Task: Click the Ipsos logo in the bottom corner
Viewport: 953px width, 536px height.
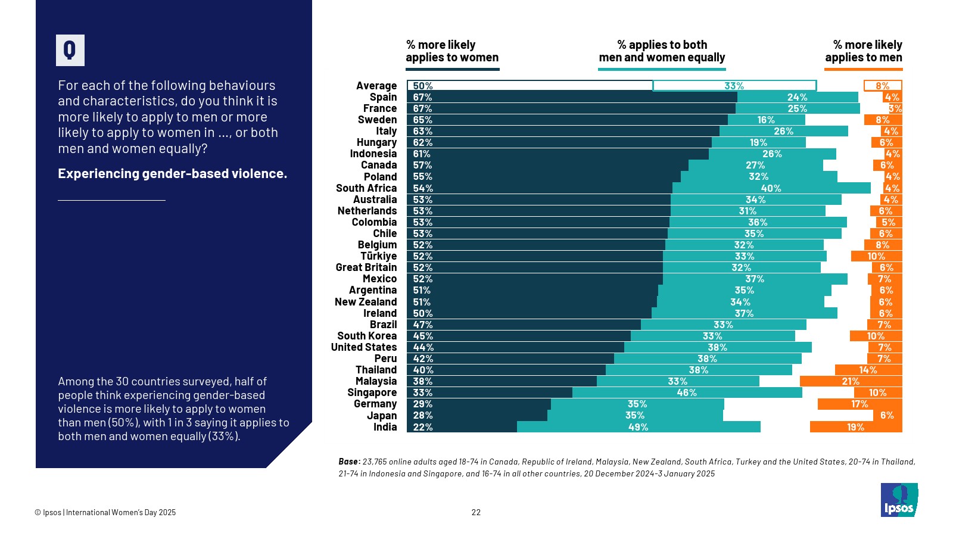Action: [x=899, y=500]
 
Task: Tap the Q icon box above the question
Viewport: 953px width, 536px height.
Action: [x=70, y=50]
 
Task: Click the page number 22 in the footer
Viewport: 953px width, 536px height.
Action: [x=476, y=512]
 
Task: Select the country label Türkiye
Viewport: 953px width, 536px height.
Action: [x=378, y=256]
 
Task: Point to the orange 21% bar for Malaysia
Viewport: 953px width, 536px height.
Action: [x=851, y=381]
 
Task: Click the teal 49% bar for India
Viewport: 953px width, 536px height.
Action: [x=639, y=427]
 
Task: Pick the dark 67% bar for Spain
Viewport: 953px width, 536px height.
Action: [x=572, y=97]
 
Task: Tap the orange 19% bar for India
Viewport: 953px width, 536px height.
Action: [x=856, y=427]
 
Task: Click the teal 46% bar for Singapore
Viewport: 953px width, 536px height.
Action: [x=687, y=392]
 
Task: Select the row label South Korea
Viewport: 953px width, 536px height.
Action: [x=367, y=336]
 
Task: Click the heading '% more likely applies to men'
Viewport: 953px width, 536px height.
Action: [x=863, y=51]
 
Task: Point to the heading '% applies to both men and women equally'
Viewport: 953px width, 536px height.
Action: [x=662, y=51]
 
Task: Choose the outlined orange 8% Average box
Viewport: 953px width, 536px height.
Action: [x=883, y=86]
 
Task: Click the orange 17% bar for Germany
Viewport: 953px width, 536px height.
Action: [x=859, y=404]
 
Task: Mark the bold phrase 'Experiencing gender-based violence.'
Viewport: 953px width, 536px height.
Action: [x=172, y=174]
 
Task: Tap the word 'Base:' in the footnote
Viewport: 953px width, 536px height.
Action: [x=349, y=462]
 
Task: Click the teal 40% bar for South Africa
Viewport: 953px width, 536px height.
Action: [x=771, y=188]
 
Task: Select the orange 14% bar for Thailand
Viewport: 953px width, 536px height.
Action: [x=868, y=370]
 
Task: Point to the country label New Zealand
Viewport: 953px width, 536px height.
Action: [x=366, y=302]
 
